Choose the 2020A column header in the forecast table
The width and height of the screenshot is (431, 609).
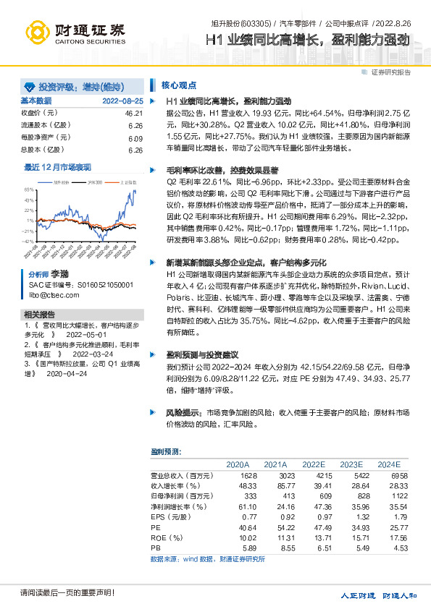(x=238, y=464)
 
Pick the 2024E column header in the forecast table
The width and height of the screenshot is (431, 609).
(x=388, y=464)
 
